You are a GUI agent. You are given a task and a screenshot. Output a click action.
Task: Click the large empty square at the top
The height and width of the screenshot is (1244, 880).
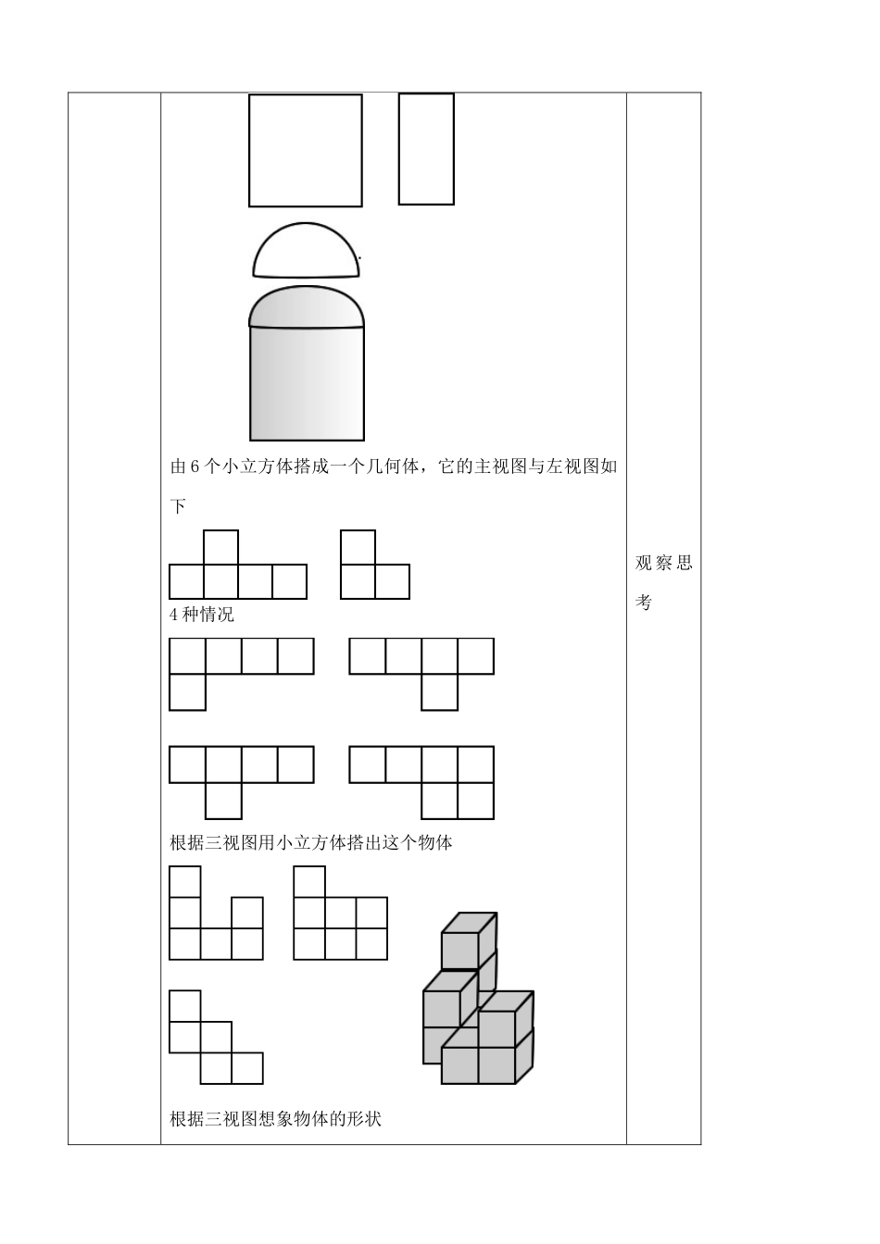coord(305,150)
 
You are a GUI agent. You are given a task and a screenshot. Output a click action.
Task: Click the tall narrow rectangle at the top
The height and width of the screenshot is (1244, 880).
coord(426,148)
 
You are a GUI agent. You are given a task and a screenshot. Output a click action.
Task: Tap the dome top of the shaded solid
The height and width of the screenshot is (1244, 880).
coord(307,308)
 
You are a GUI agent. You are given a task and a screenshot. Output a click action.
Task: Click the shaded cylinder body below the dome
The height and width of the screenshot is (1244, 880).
coord(307,384)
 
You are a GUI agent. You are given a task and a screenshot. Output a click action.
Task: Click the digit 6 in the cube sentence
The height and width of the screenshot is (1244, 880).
coord(195,466)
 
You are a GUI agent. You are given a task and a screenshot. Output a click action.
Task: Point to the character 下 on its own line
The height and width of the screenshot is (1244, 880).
coord(179,506)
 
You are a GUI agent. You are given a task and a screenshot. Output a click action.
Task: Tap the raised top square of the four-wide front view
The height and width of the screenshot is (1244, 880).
coord(220,547)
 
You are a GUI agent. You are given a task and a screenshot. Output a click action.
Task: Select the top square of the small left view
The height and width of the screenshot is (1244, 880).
coord(358,547)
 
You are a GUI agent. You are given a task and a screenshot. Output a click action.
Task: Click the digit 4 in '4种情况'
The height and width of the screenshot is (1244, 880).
coord(175,615)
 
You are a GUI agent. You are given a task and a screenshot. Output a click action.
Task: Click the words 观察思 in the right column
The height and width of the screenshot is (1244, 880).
coord(663,564)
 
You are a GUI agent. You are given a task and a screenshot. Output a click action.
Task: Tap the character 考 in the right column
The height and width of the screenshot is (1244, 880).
coord(644,603)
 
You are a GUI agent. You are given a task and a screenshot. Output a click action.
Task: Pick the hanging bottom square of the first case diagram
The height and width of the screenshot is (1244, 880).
coord(187,692)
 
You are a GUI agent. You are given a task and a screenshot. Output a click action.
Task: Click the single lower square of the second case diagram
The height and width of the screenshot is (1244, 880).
coord(439,692)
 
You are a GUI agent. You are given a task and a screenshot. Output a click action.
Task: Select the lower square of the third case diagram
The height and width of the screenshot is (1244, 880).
coord(223,801)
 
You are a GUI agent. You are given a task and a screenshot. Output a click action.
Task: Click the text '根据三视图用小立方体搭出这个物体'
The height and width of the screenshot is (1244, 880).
coord(311,842)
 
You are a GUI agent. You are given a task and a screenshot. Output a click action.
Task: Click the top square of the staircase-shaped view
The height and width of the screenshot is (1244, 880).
coord(185,1006)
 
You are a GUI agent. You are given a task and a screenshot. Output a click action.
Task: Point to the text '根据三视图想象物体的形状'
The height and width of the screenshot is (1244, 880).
coord(275,1118)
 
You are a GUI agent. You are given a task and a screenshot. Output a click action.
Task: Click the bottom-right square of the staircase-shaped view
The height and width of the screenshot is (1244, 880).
coord(247,1068)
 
